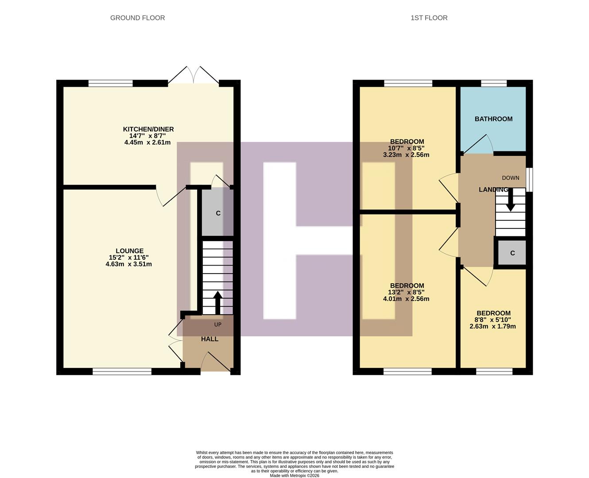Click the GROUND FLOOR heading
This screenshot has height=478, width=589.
tap(137, 18)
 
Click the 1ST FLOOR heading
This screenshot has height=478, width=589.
tap(429, 18)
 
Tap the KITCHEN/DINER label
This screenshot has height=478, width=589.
tap(148, 129)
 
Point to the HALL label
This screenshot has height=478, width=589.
tap(209, 339)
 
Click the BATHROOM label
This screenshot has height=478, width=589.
tap(493, 119)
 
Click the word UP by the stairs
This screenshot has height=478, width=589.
tap(217, 324)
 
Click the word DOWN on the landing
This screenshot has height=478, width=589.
tap(510, 178)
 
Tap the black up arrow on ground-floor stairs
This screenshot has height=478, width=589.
tap(217, 302)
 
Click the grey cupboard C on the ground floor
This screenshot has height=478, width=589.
tap(217, 213)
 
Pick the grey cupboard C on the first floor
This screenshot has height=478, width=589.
tap(512, 253)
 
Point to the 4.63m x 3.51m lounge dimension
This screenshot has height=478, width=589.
tap(128, 264)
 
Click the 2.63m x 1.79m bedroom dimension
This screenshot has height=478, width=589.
tap(492, 327)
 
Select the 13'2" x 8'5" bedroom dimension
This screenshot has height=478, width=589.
tap(406, 292)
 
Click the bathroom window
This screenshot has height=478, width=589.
tap(494, 83)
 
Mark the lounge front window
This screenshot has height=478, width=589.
tap(122, 371)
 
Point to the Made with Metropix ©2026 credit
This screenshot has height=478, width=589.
tap(294, 476)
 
